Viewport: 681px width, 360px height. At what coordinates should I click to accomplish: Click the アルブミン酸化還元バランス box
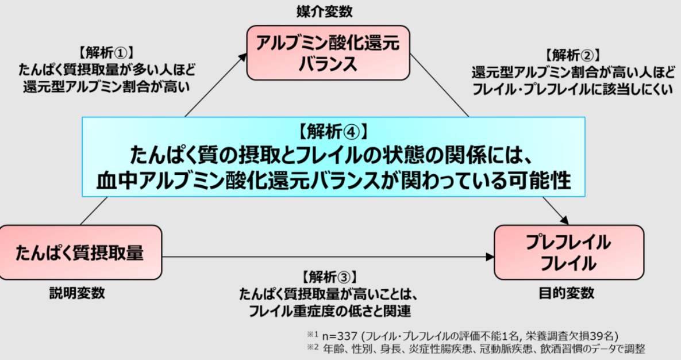(x=328, y=52)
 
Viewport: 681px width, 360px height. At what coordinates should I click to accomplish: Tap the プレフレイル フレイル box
(x=569, y=252)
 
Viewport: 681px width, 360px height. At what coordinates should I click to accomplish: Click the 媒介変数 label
(x=325, y=12)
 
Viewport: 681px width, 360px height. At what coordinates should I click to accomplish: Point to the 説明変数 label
(x=77, y=293)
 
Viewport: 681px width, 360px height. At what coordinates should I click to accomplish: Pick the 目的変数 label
(x=566, y=293)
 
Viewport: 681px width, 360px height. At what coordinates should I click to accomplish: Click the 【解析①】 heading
(x=106, y=53)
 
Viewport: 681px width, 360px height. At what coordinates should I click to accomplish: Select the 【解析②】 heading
(x=574, y=55)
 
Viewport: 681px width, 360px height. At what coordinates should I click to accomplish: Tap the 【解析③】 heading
(x=330, y=277)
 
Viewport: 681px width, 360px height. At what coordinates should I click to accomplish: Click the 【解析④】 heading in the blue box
(x=333, y=131)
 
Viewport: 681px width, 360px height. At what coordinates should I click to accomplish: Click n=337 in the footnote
(x=340, y=336)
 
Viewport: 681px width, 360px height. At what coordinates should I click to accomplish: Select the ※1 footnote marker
(x=313, y=335)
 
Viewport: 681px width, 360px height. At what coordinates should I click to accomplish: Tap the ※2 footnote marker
(x=313, y=347)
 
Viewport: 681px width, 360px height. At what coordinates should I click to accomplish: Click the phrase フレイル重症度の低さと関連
(x=330, y=311)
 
